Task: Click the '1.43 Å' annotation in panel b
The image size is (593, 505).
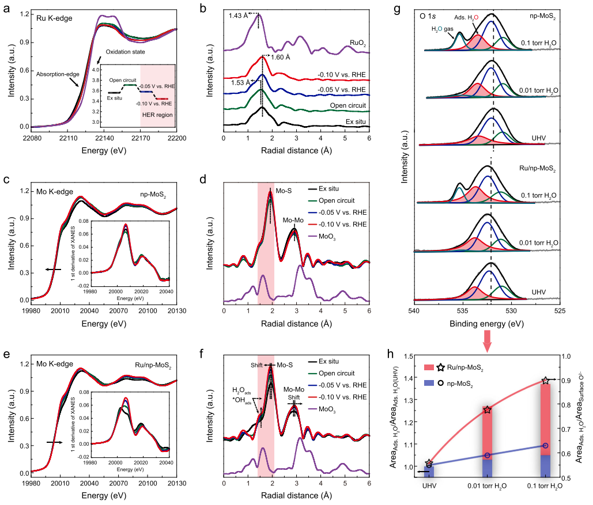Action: pyautogui.click(x=237, y=16)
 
